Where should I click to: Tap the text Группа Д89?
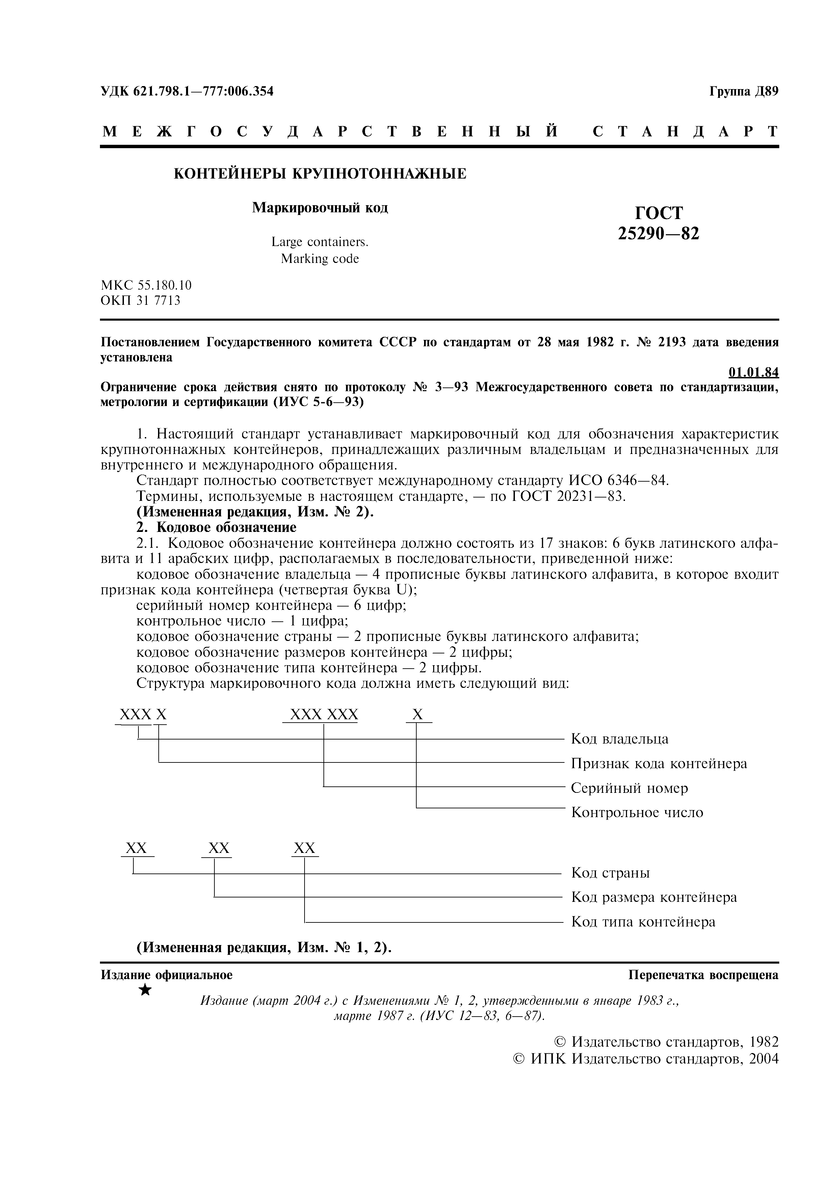coord(743,91)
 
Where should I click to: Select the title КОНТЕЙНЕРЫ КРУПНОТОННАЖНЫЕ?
coord(320,174)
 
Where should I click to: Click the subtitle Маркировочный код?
coord(320,208)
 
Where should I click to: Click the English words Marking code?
coord(320,259)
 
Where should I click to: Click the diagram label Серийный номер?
coord(629,788)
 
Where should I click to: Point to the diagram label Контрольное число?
coord(637,813)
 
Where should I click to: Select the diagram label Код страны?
coord(610,873)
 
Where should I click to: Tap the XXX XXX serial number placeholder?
coord(324,715)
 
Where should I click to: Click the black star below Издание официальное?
coord(146,990)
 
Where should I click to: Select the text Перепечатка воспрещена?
coord(703,975)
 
